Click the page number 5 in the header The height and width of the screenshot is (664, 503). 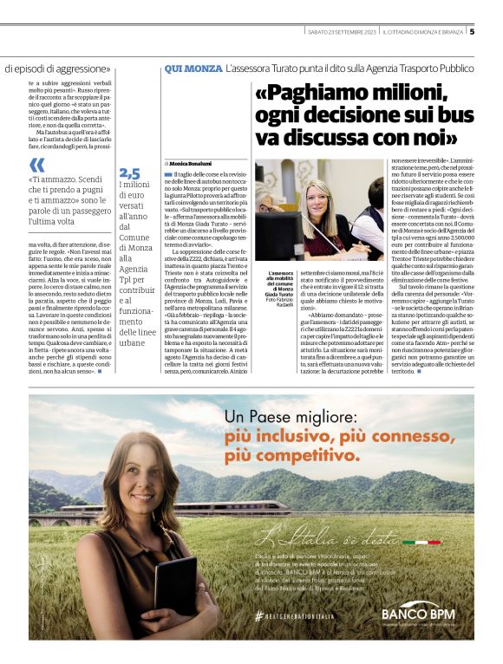[472, 31]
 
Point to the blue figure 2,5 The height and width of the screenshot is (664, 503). [129, 173]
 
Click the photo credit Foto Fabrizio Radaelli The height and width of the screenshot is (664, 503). [283, 300]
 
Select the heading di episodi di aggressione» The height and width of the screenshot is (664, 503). [57, 68]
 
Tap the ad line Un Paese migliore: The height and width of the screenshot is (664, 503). [289, 417]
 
